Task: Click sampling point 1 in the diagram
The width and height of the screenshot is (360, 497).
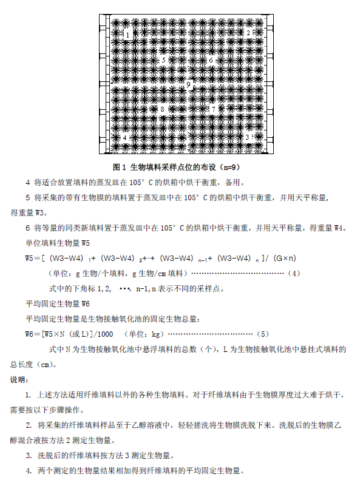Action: click(127, 35)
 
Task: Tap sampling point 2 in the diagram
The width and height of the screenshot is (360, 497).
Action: click(248, 33)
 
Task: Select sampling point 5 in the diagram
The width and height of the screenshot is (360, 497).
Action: click(162, 60)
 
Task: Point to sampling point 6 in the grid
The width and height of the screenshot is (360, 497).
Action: click(211, 60)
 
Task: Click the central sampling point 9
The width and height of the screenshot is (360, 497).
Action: click(188, 84)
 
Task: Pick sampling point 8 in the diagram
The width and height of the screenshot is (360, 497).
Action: click(162, 110)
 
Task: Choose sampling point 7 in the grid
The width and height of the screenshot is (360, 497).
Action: click(213, 109)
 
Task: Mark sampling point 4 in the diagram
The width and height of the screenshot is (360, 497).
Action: click(125, 138)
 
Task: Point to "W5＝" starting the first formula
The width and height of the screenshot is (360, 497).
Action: click(33, 258)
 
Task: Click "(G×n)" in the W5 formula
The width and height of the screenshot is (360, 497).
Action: click(281, 258)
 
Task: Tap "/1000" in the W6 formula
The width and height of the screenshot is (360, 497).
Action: click(103, 334)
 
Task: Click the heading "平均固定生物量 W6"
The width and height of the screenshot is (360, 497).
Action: click(58, 303)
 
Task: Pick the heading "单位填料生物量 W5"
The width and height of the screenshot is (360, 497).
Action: click(58, 243)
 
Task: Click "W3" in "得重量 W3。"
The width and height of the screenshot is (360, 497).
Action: click(39, 213)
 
